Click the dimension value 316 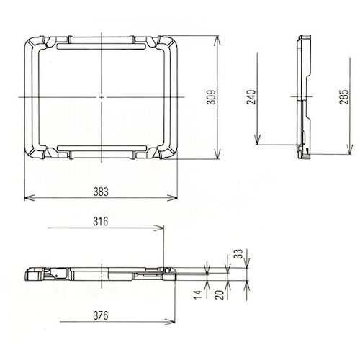click(x=101, y=222)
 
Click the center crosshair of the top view click(x=102, y=96)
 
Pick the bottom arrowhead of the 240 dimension click(x=258, y=144)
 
